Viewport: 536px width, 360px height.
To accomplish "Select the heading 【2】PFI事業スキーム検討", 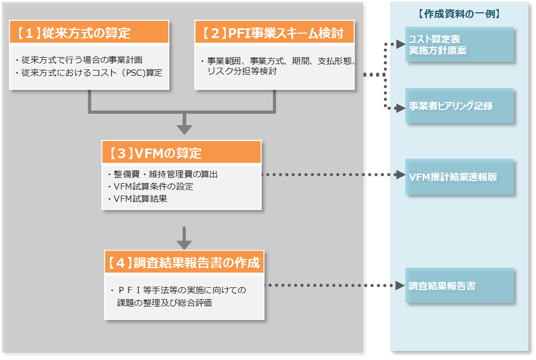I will tap(274, 33).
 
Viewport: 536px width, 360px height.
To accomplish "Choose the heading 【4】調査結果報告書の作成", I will tap(184, 262).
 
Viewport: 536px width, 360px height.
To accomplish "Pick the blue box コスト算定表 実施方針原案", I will tap(459, 45).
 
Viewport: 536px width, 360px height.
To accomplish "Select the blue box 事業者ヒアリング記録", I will tap(459, 106).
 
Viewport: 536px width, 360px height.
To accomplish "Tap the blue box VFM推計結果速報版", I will tap(459, 177).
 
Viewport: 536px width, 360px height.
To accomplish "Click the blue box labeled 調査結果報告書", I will tap(459, 286).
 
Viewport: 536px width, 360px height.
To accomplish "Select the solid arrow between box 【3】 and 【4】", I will tap(184, 238).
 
